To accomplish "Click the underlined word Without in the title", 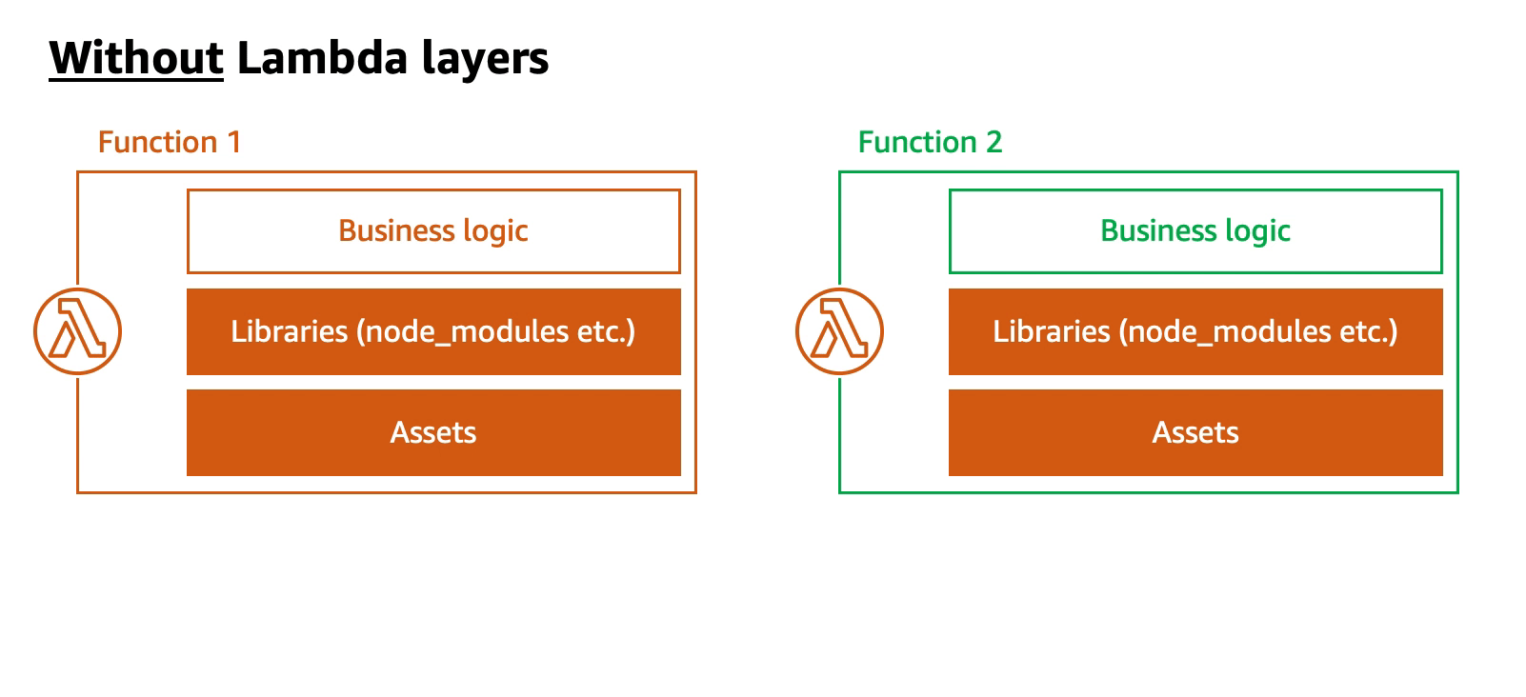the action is (136, 58).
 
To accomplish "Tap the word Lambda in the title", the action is (322, 58).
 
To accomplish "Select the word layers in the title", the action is (485, 60).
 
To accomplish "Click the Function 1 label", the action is (170, 142).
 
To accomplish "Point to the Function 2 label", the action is (930, 142).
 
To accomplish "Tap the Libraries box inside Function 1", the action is (434, 331).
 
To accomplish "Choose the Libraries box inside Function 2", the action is (1195, 331).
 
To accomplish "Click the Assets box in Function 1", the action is (434, 433).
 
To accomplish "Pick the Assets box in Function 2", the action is (1195, 433).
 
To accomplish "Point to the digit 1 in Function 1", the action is (233, 142).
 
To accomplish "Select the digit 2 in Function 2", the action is (994, 142).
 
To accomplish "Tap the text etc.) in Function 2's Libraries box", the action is (1368, 332).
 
